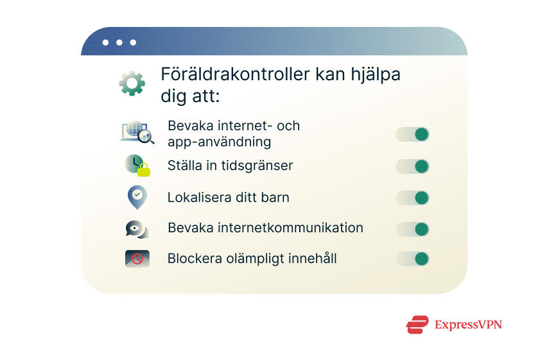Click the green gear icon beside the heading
[x=132, y=84]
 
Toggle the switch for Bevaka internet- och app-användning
[x=412, y=134]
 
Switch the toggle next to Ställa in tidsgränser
[x=412, y=166]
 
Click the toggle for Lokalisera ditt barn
[x=412, y=198]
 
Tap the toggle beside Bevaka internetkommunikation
[x=412, y=229]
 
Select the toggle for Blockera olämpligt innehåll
[x=412, y=259]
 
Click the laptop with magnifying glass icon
[x=137, y=132]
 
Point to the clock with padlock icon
[x=137, y=166]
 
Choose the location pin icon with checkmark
[x=137, y=197]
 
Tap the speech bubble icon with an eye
[x=137, y=228]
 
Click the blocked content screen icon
[x=137, y=259]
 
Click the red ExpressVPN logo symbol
[x=417, y=325]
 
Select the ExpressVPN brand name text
[x=467, y=325]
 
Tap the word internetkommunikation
[x=290, y=228]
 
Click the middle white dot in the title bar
[x=119, y=42]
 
